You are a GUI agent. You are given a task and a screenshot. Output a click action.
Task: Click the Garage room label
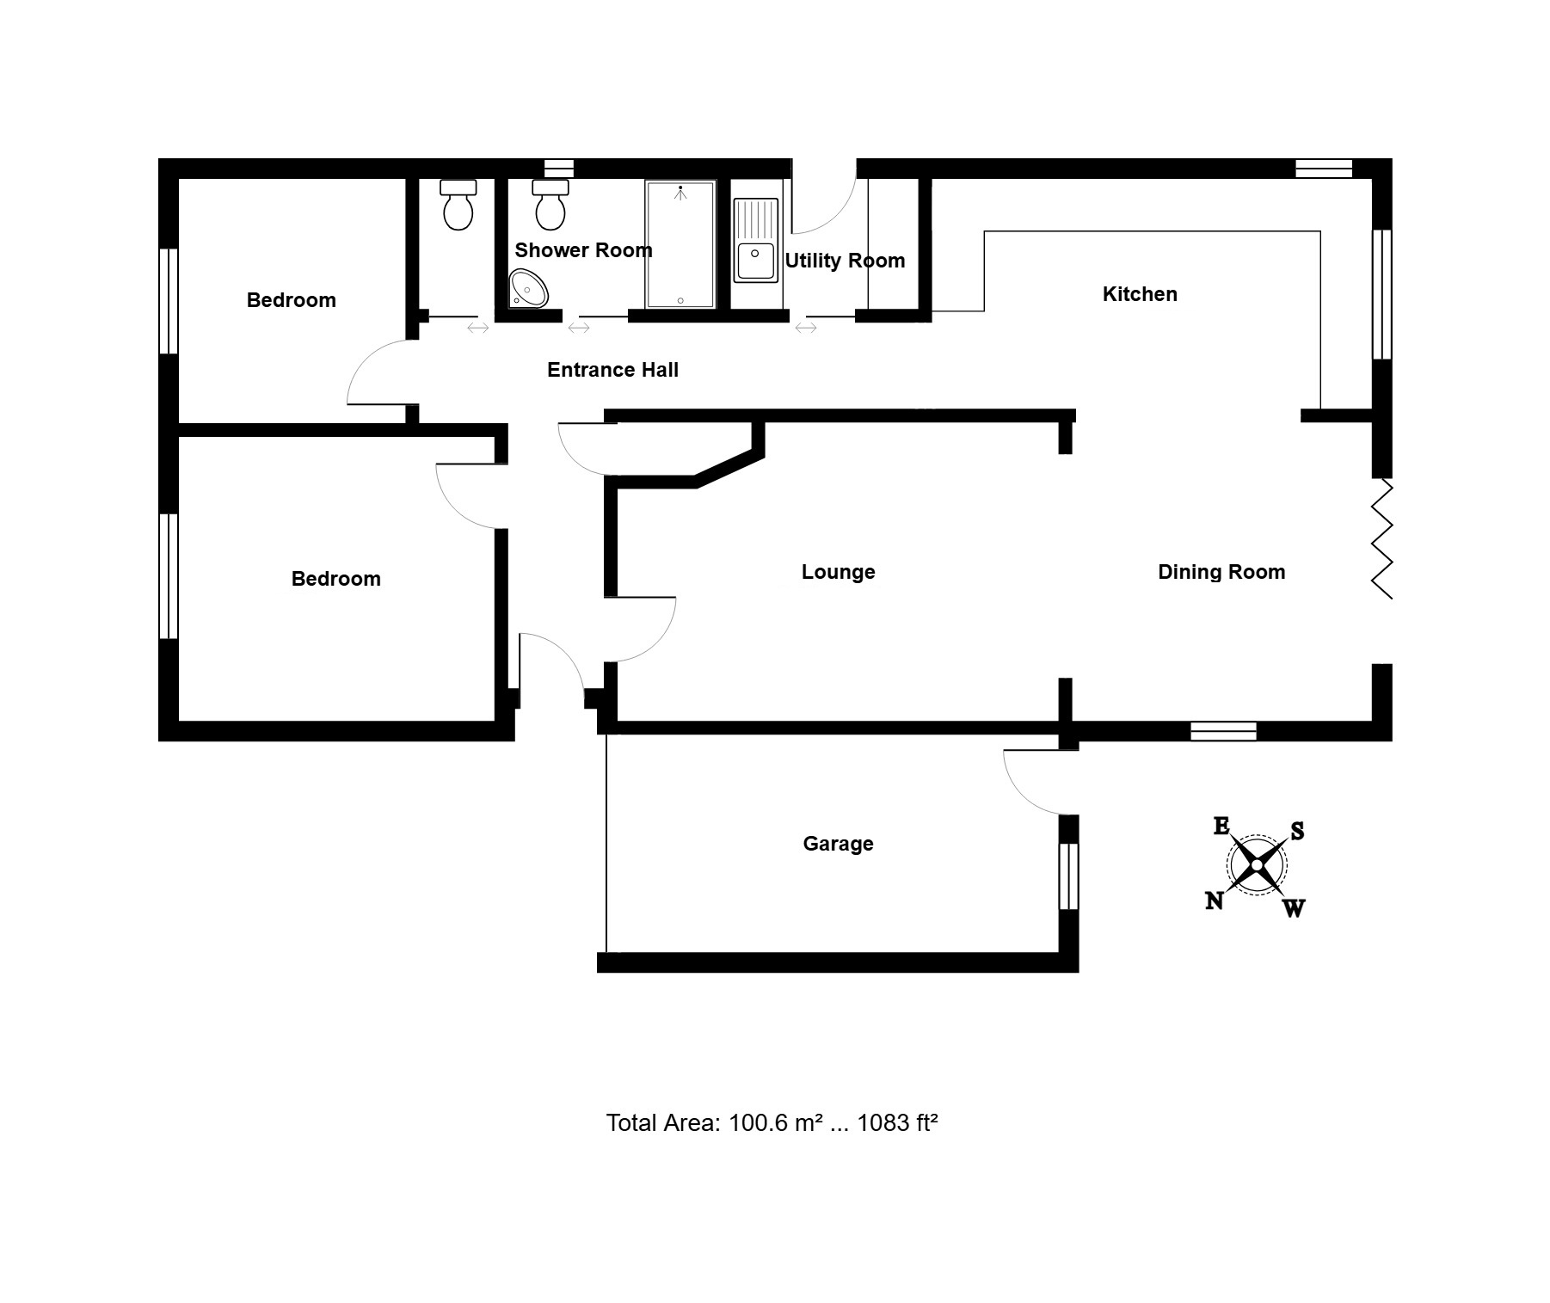(x=838, y=844)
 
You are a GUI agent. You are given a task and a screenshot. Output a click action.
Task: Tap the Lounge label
(x=839, y=572)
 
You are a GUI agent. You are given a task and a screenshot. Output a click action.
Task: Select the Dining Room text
(x=1221, y=572)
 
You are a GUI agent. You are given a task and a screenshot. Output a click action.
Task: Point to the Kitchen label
(x=1140, y=294)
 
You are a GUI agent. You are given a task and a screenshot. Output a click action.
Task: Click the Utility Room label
(x=845, y=261)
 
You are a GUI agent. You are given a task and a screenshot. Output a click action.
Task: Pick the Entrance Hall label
(x=612, y=370)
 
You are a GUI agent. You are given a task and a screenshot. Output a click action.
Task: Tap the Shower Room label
(x=583, y=250)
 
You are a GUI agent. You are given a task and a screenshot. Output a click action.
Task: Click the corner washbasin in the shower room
(x=528, y=288)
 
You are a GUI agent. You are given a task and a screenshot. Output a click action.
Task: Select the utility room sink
(x=756, y=241)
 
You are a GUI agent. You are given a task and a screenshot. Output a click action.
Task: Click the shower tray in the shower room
(x=680, y=244)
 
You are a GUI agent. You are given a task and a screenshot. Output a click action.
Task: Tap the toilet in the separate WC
(x=458, y=205)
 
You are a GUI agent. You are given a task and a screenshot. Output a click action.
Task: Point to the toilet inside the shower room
(x=550, y=205)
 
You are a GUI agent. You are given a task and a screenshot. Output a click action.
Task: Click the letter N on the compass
(x=1215, y=900)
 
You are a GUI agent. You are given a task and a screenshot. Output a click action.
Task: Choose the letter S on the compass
(x=1297, y=831)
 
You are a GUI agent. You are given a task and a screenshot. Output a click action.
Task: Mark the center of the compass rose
(x=1257, y=865)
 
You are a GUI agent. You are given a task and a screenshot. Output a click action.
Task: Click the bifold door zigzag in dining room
(x=1381, y=538)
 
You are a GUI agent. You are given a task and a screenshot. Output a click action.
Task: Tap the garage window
(x=1068, y=876)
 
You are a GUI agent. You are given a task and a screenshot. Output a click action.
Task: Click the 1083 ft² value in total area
(x=897, y=1123)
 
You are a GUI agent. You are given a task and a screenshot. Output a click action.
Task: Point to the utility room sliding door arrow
(x=806, y=328)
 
